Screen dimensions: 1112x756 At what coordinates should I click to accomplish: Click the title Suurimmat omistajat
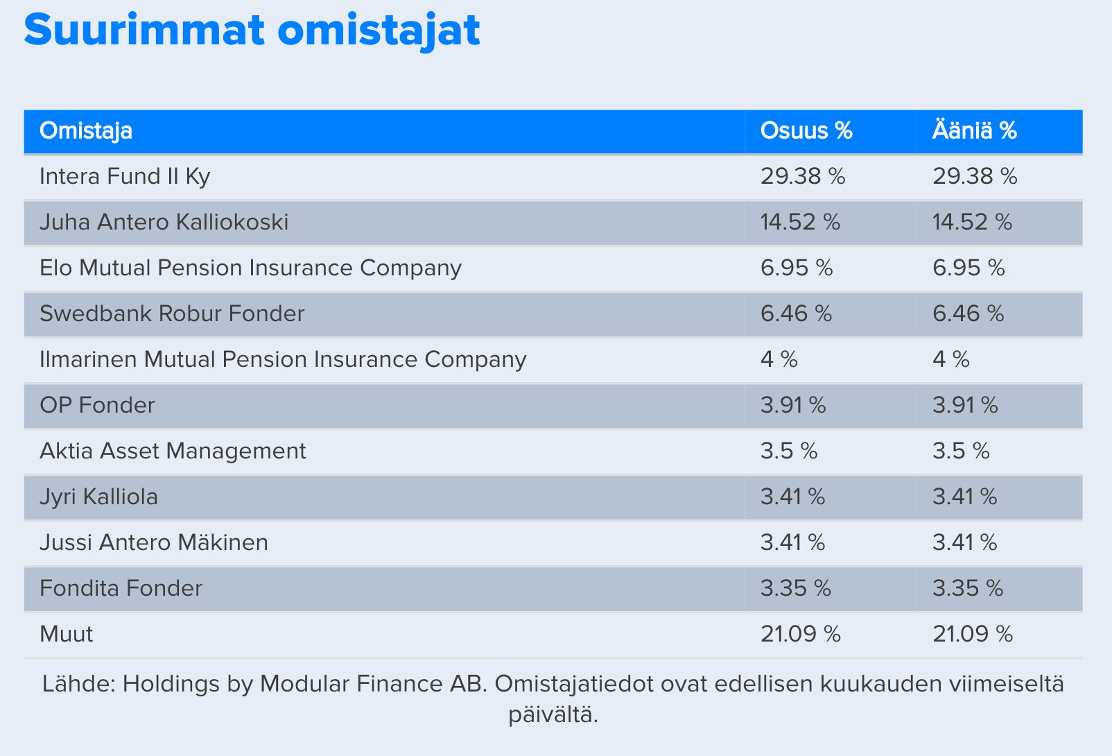(252, 31)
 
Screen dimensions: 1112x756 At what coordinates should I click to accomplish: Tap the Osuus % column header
(806, 130)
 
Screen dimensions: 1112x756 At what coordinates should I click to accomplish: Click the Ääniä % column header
(975, 130)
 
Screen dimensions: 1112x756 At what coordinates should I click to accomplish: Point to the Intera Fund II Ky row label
(125, 177)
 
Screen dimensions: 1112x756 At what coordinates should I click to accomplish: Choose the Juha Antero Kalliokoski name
(164, 222)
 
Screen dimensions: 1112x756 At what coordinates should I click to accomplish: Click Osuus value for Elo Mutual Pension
(797, 268)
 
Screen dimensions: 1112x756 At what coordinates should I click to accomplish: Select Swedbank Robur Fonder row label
(172, 314)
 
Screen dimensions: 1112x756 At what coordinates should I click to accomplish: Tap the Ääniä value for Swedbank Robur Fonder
(968, 314)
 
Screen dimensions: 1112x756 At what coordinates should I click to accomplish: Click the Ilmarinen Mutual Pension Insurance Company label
(282, 360)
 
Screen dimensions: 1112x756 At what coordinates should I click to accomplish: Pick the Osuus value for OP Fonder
(793, 405)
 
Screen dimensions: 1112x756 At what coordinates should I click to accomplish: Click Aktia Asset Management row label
(173, 452)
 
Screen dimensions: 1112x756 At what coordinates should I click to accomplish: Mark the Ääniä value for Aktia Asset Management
(961, 451)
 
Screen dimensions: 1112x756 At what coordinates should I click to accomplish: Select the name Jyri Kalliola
(98, 497)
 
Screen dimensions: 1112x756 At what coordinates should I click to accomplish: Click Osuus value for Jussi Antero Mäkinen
(792, 542)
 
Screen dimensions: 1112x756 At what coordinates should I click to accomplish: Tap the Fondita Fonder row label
(121, 588)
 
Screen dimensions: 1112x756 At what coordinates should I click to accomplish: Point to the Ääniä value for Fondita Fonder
(968, 588)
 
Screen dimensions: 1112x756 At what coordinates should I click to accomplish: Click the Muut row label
(66, 635)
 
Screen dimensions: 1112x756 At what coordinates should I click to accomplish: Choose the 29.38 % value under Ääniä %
(975, 176)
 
